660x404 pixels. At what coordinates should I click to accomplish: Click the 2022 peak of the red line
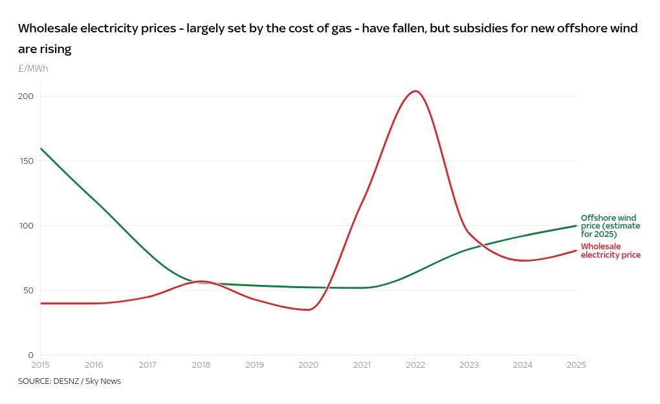click(x=415, y=91)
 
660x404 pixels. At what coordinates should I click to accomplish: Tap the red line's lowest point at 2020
click(x=308, y=309)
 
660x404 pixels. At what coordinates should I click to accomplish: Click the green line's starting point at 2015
click(x=41, y=148)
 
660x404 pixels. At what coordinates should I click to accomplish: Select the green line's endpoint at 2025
click(x=576, y=226)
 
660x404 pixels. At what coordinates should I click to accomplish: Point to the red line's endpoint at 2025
click(x=576, y=251)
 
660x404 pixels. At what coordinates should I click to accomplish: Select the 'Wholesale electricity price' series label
click(x=610, y=251)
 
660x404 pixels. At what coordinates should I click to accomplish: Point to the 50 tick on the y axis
click(x=28, y=291)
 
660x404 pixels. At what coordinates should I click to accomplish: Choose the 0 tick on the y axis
click(x=30, y=355)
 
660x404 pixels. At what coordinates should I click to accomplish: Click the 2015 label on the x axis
click(x=40, y=365)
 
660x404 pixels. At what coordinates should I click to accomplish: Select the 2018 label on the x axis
click(x=201, y=365)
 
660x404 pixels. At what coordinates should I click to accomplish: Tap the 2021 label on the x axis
click(x=362, y=365)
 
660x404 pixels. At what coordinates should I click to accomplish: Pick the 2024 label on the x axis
click(x=522, y=365)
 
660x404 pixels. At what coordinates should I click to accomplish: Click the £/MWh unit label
click(x=33, y=69)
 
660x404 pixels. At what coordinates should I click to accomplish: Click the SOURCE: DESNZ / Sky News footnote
click(x=69, y=381)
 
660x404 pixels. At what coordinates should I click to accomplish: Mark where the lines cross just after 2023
click(x=480, y=245)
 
